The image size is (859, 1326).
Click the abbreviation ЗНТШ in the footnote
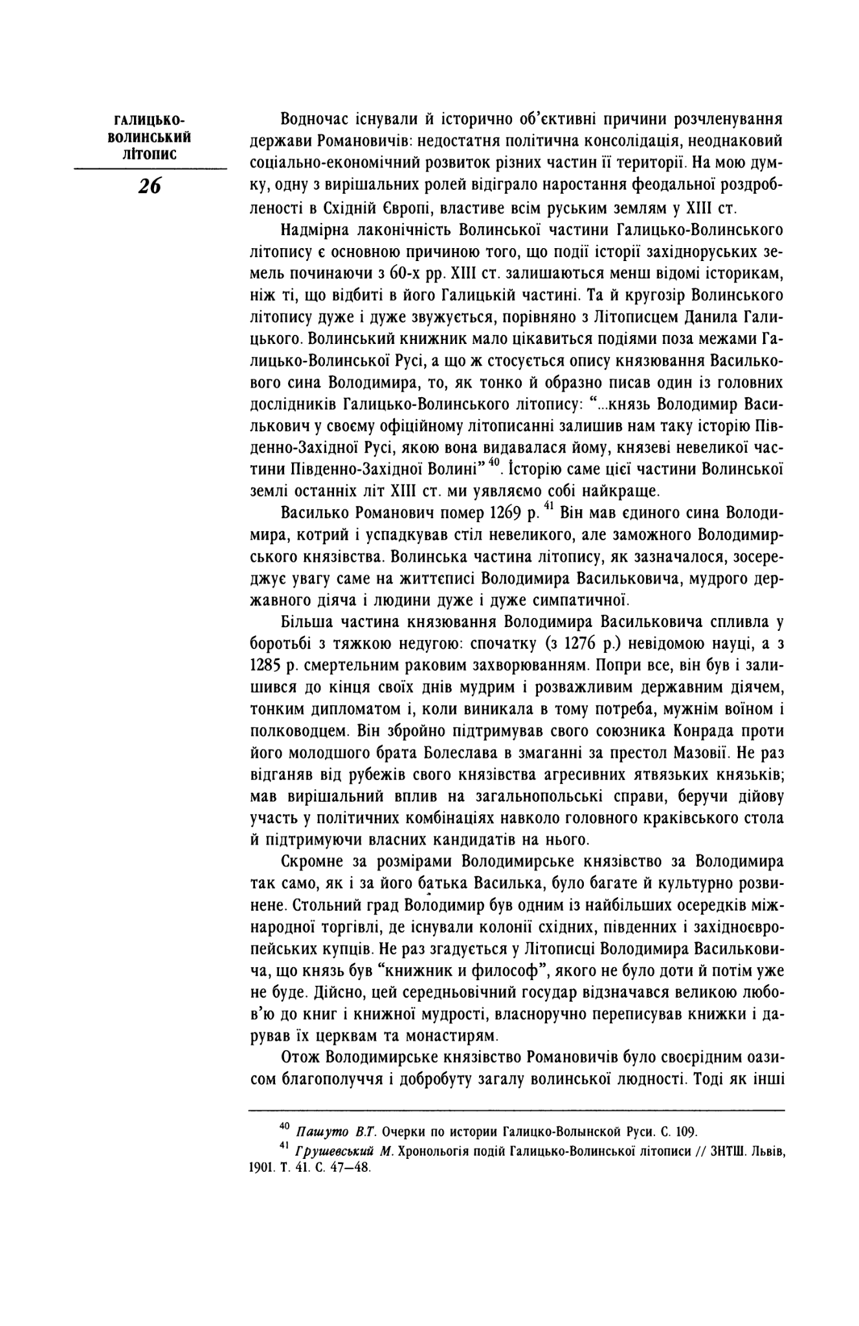click(709, 1154)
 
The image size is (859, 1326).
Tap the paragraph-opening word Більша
click(307, 623)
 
